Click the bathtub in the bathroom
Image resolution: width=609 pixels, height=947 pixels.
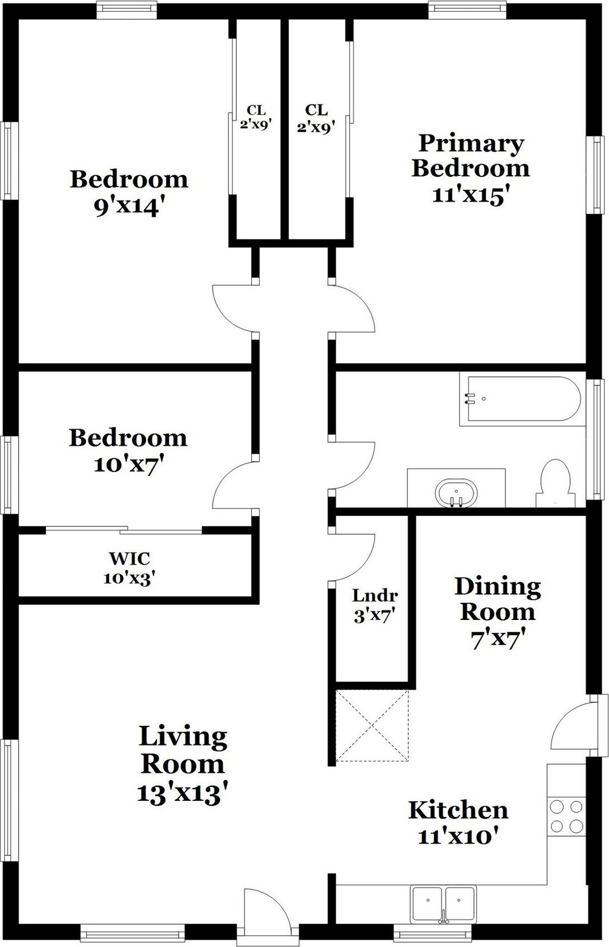click(520, 399)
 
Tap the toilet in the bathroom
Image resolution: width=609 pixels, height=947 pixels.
click(556, 483)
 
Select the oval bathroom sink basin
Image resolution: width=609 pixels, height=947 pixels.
click(456, 493)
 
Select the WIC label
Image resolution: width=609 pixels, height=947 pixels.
click(129, 558)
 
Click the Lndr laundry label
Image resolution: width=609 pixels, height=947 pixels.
click(375, 596)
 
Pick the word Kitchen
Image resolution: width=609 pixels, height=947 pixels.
click(458, 810)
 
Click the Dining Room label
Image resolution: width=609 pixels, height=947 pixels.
click(498, 599)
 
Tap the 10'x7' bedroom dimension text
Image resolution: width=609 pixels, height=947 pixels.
click(129, 465)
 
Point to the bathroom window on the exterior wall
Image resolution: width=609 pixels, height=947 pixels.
click(596, 439)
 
